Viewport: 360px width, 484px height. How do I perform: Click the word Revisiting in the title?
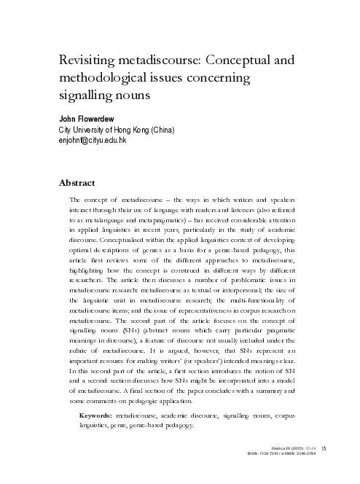[87, 61]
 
